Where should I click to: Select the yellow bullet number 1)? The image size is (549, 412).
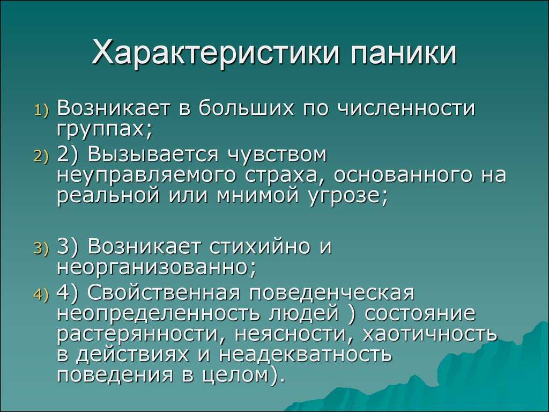point(42,110)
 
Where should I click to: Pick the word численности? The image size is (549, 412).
point(405,108)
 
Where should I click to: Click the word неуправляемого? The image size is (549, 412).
point(146,175)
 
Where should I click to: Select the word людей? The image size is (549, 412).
point(304,313)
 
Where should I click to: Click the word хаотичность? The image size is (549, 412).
point(429,334)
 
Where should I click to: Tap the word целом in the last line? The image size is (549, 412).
point(236,375)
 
